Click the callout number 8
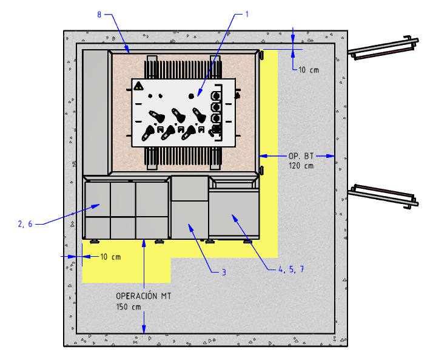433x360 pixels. click(x=99, y=15)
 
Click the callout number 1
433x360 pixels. click(x=247, y=14)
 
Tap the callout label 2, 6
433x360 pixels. click(x=25, y=224)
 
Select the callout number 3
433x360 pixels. click(x=224, y=273)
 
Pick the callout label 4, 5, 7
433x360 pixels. click(x=291, y=269)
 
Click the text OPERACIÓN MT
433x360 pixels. click(x=143, y=296)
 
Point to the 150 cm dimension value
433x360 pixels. click(x=129, y=307)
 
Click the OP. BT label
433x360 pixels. click(x=301, y=156)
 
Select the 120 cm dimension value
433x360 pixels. click(x=301, y=166)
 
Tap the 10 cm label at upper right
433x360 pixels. click(x=309, y=70)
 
